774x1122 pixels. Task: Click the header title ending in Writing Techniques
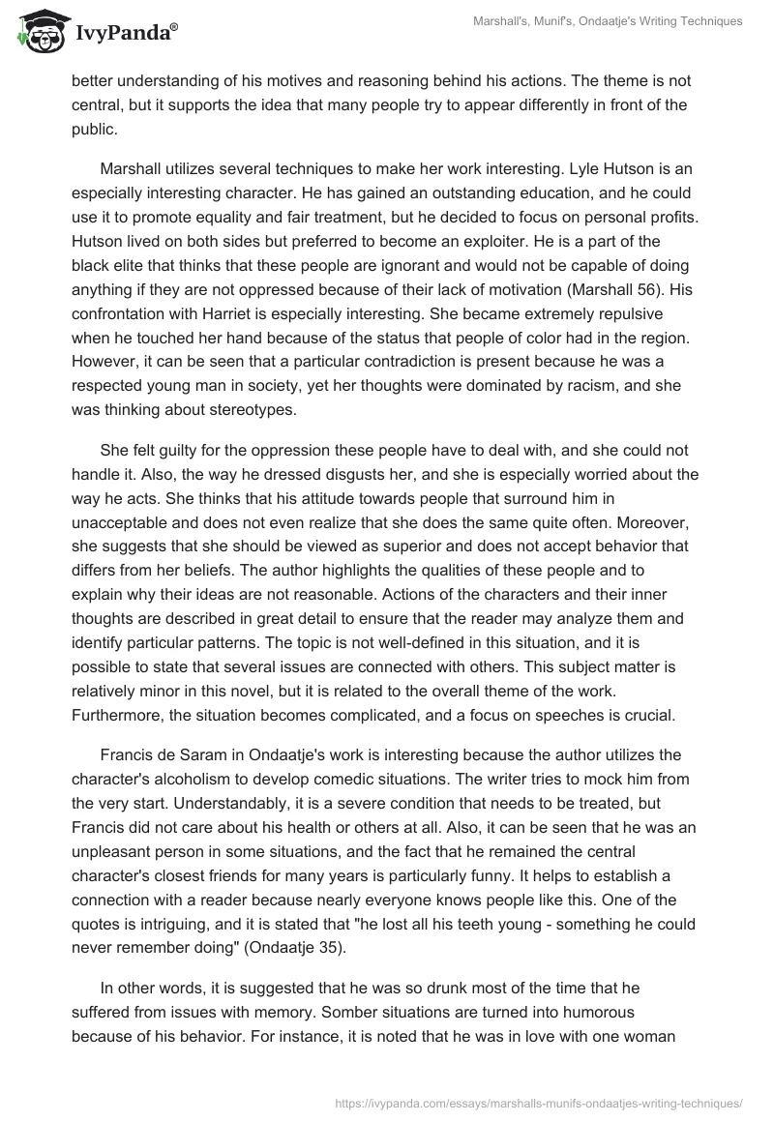(593, 21)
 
